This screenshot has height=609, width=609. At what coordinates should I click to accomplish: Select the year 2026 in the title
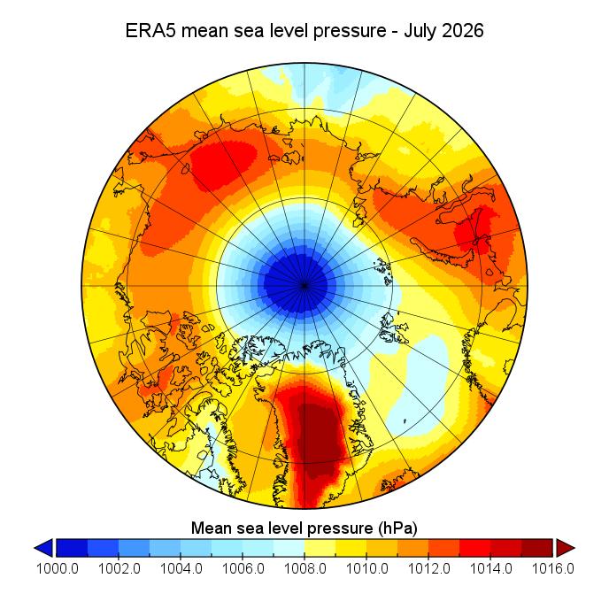coord(463,30)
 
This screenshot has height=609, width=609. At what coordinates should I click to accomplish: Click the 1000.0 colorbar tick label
coord(57,568)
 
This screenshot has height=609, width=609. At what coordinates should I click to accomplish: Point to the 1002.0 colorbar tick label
coord(119,568)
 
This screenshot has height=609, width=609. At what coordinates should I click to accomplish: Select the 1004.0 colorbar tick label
coord(181,568)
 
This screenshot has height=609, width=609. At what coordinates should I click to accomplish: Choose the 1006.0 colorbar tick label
coord(243,568)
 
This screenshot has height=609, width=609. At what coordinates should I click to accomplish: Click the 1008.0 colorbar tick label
coord(304,568)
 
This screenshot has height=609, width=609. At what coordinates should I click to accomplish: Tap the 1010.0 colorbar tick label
coord(367,568)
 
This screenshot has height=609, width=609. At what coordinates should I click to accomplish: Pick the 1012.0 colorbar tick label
coord(428,568)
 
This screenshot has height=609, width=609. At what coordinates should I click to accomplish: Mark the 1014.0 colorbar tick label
coord(491,568)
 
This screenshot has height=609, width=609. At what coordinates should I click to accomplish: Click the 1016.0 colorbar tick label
coord(552,568)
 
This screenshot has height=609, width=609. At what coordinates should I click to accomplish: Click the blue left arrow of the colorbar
coord(45,548)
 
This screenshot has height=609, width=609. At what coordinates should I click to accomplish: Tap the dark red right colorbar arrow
coord(565,548)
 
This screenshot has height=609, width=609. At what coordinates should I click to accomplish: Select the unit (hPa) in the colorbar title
coord(396,528)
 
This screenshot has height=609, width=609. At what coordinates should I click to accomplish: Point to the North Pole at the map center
coord(304,286)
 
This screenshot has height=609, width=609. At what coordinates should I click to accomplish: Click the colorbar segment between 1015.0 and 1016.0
coord(537,548)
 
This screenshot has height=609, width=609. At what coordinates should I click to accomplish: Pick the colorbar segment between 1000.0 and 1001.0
coord(73,548)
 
